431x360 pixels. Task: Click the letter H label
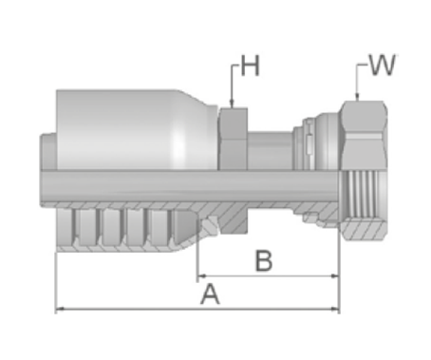point(251,66)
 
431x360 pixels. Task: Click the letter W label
point(383,66)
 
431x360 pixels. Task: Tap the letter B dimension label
point(264,261)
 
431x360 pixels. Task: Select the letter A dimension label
point(210,294)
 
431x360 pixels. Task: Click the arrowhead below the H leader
point(232,103)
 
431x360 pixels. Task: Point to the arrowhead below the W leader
point(357,96)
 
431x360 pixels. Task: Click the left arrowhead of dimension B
point(201,276)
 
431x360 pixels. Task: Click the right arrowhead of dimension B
point(334,276)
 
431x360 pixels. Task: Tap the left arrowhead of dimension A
point(60,309)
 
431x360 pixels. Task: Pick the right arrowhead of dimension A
point(334,309)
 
